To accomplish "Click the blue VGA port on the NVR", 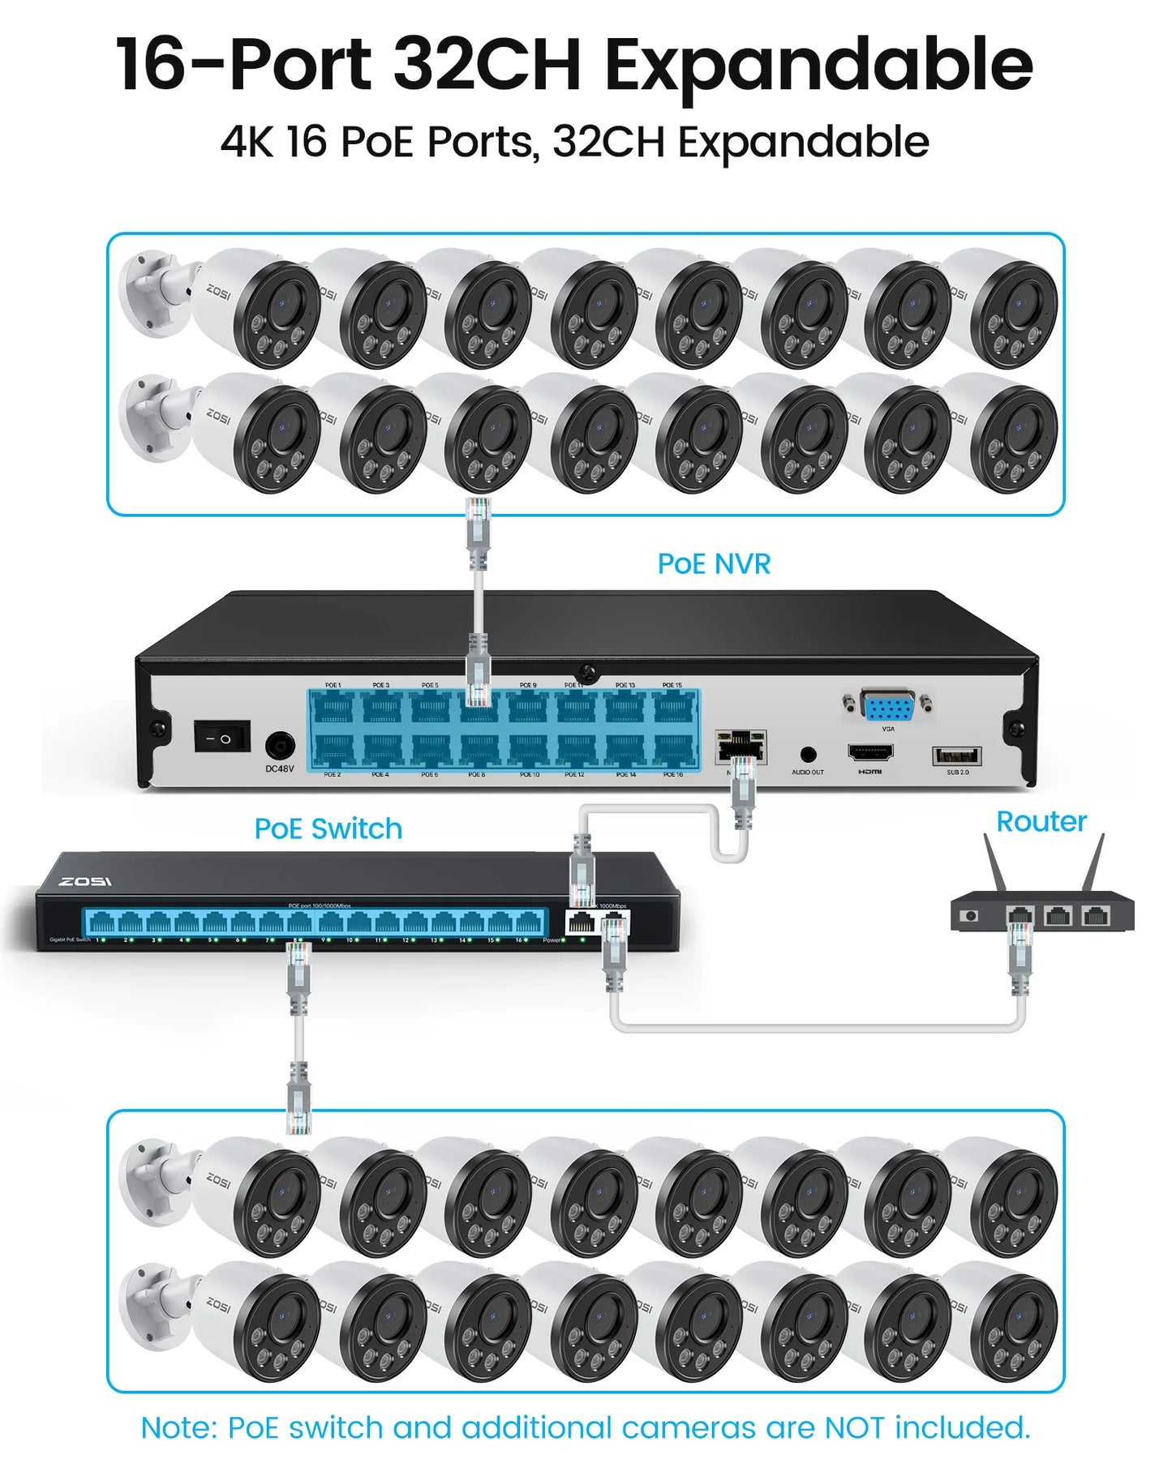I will (889, 708).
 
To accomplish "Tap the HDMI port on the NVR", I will (870, 752).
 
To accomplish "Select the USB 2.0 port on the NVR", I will (957, 756).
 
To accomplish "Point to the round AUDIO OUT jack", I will (808, 756).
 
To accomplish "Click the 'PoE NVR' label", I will (714, 564).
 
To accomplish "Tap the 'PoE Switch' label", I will (328, 829).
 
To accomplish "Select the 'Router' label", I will (1041, 822).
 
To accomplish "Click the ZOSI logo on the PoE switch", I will (85, 881).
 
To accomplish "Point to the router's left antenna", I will (994, 863).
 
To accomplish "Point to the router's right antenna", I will (1094, 863).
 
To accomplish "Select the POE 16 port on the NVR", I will (674, 750).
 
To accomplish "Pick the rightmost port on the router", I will (1096, 916).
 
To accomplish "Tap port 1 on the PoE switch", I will (101, 922).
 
